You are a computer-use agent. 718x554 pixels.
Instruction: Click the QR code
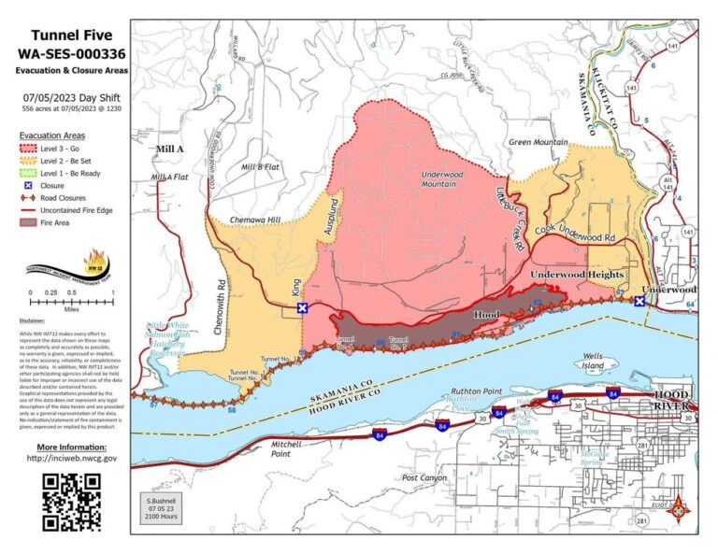72,502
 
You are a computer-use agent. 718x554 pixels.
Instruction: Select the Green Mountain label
538,142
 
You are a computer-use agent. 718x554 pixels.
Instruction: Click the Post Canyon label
425,477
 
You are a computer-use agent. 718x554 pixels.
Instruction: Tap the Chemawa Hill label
255,220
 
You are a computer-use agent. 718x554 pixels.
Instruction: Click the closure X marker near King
302,307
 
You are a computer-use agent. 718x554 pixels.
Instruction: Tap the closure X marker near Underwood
639,301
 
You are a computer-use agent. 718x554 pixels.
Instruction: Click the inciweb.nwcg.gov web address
72,458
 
